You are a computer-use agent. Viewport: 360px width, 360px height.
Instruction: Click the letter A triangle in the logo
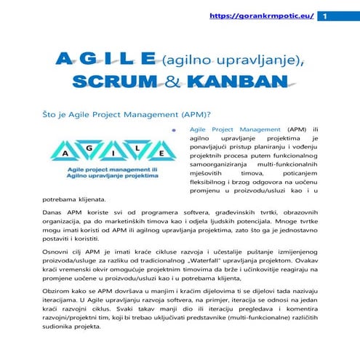(67, 153)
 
